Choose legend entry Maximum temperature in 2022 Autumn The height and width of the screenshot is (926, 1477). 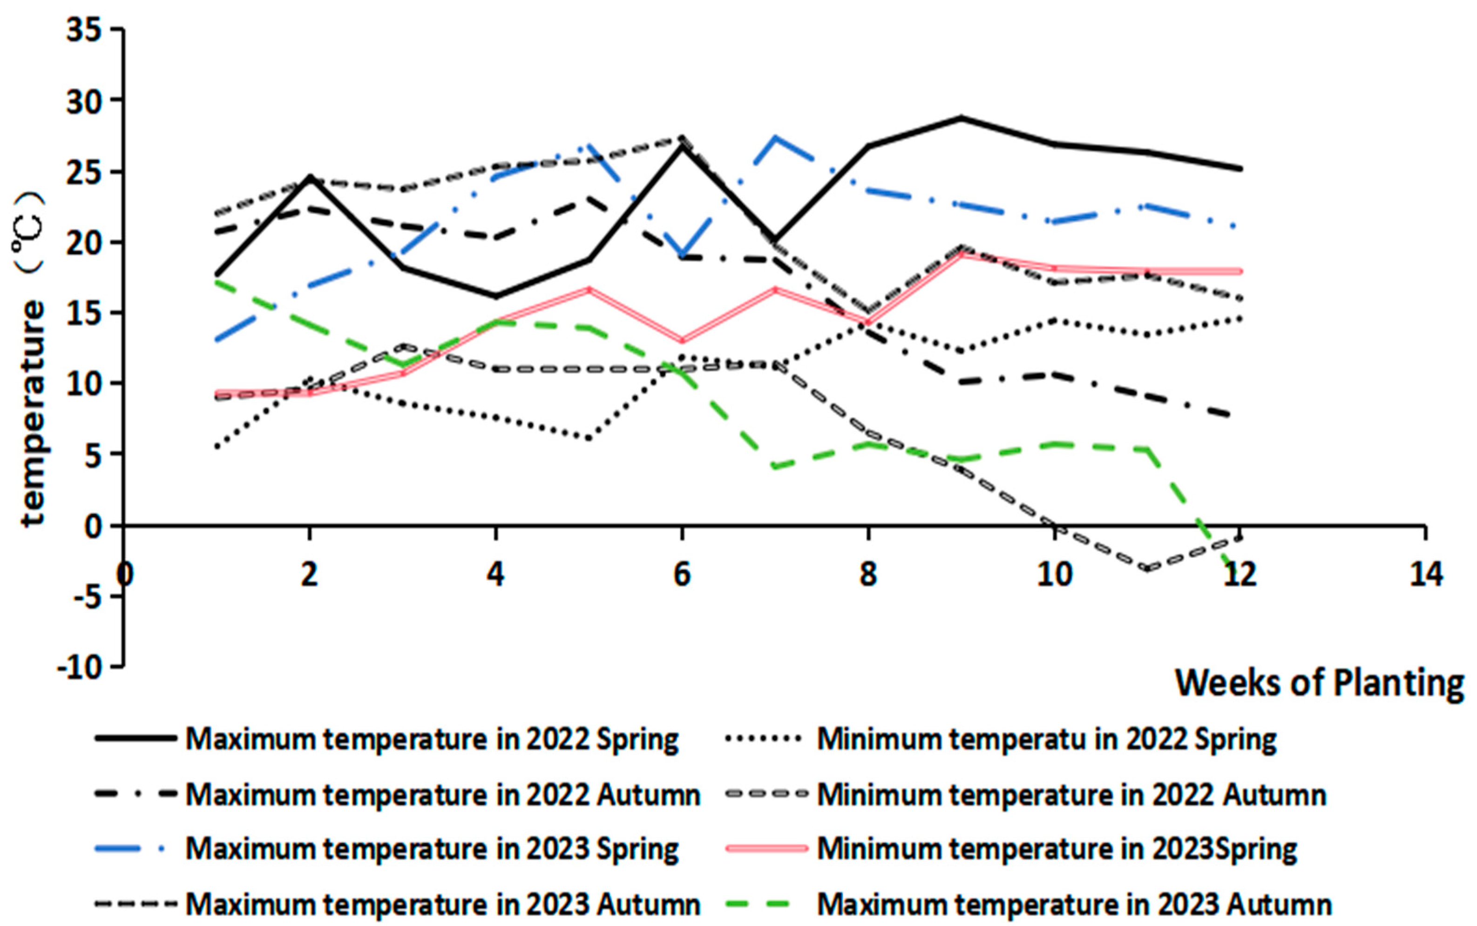tap(442, 795)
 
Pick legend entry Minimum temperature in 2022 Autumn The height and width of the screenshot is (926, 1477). tap(1072, 795)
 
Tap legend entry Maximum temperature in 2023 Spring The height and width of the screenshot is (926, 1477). tap(432, 849)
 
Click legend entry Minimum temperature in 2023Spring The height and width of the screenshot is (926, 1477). tap(1057, 849)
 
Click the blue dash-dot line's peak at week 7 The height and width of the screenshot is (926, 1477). tap(775, 137)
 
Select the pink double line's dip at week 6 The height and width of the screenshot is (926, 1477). tap(682, 341)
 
